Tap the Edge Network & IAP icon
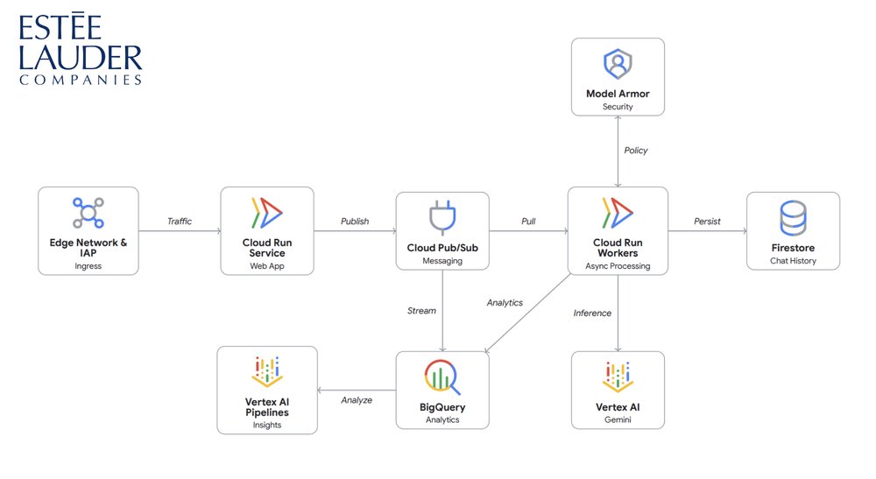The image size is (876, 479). click(x=88, y=213)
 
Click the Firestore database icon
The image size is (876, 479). click(x=793, y=218)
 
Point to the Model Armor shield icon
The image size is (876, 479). click(x=618, y=65)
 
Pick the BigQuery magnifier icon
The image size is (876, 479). click(x=441, y=376)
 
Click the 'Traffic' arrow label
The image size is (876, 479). click(x=180, y=222)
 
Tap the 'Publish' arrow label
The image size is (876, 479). click(x=355, y=222)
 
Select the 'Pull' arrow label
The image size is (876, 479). click(x=528, y=222)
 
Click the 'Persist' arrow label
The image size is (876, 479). click(x=707, y=222)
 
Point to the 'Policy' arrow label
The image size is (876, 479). click(x=636, y=151)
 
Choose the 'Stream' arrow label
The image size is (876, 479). click(x=421, y=311)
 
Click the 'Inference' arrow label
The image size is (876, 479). click(x=592, y=313)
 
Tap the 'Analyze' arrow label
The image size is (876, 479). click(x=357, y=400)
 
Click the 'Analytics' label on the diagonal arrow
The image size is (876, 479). click(x=505, y=303)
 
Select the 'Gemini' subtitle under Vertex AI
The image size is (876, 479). click(x=618, y=420)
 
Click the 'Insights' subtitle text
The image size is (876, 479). click(x=267, y=426)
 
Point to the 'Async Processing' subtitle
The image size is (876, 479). click(x=618, y=266)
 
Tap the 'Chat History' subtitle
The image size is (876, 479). click(x=792, y=262)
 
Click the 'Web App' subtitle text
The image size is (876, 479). click(x=267, y=266)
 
